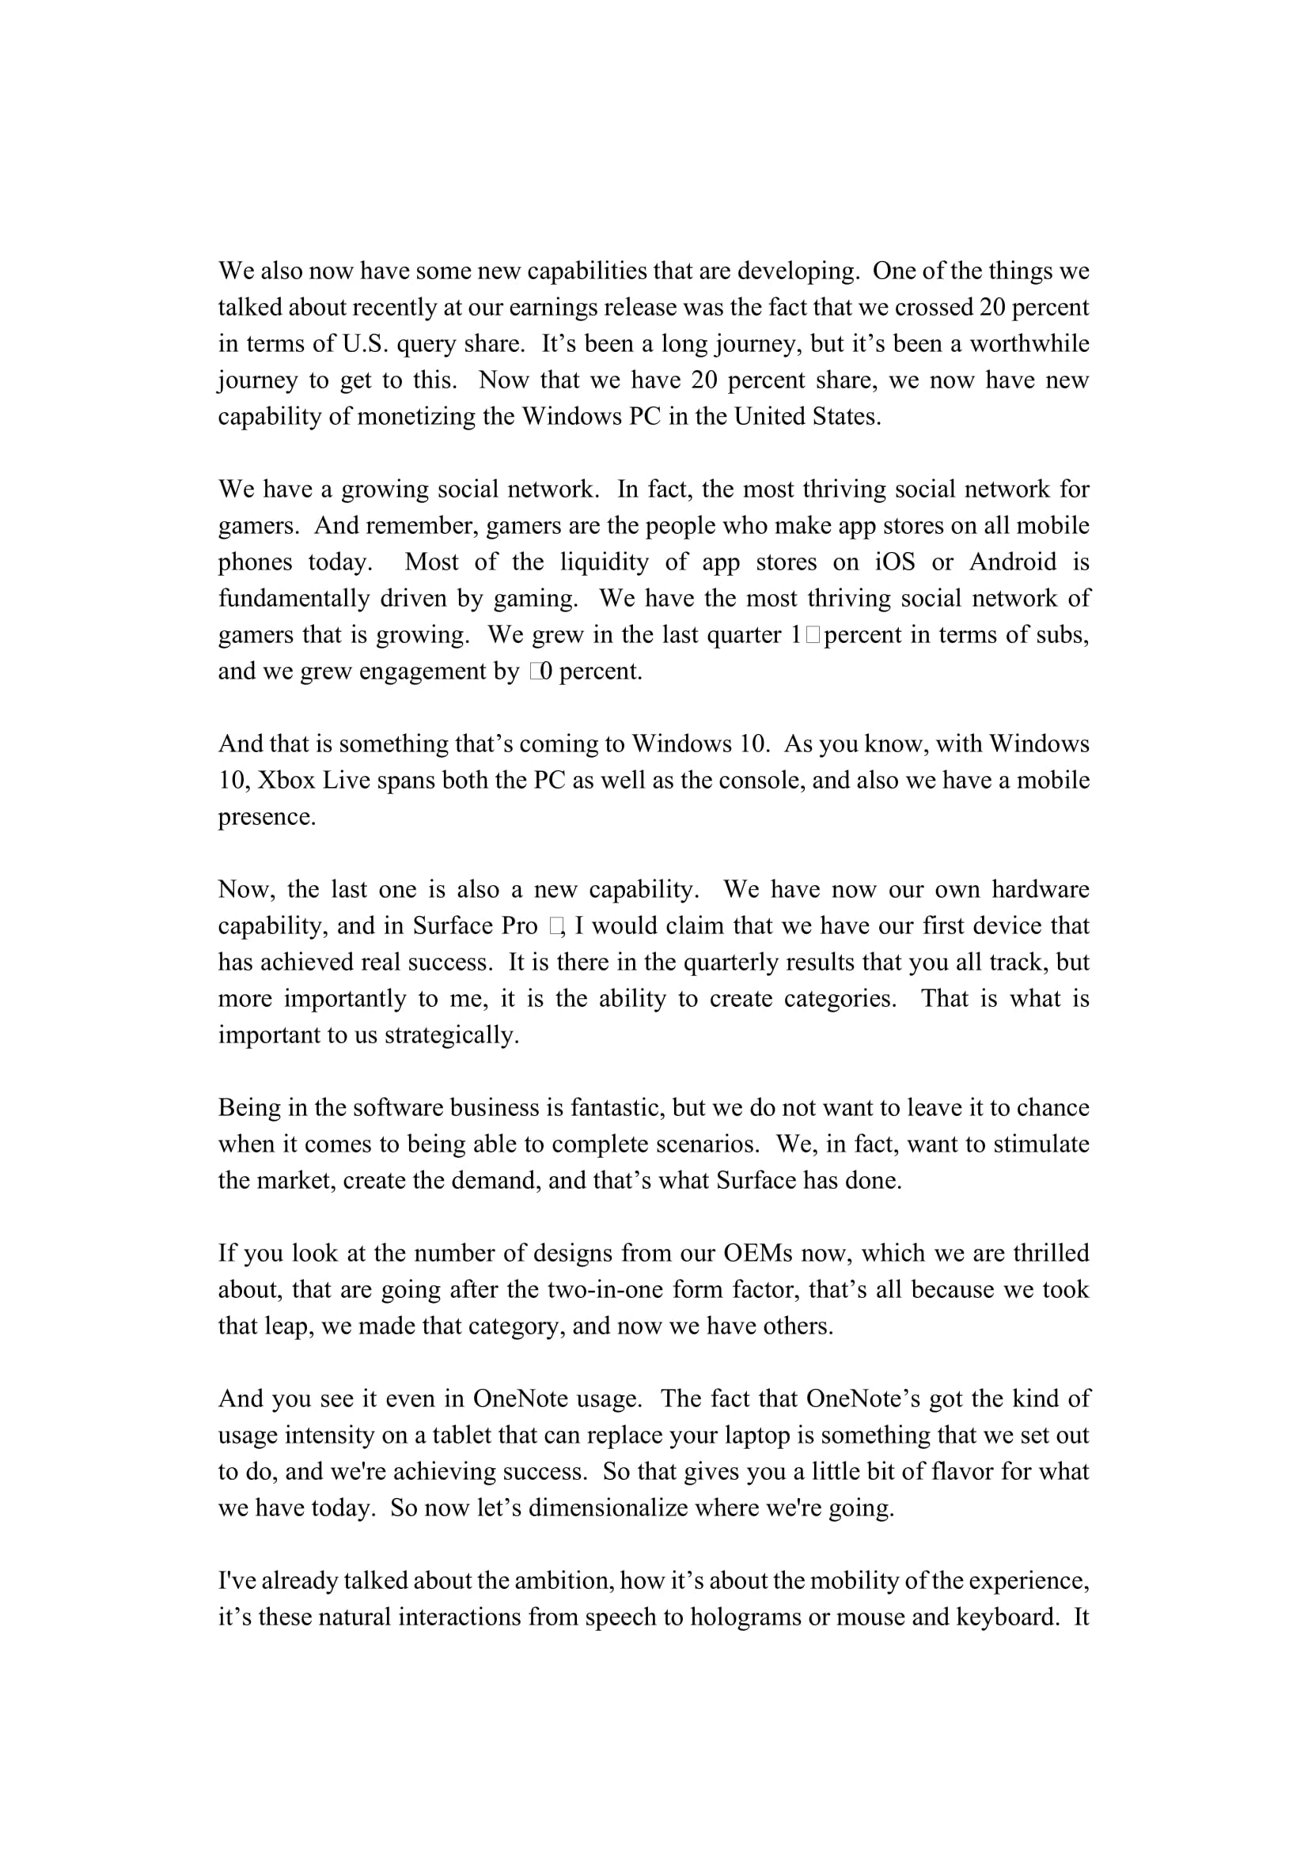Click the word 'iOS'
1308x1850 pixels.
pos(895,562)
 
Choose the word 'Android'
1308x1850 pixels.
pos(1012,562)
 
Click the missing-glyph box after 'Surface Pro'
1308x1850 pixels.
pos(556,927)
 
